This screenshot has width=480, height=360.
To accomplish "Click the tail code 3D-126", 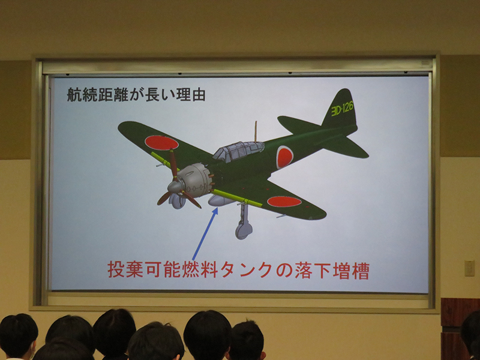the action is point(342,109).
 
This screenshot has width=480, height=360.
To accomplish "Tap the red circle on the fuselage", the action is point(284,157).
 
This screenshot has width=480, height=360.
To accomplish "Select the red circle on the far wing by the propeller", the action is point(161,143).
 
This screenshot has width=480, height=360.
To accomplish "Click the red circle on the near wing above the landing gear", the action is point(284,202).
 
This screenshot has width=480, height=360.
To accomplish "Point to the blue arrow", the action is point(205,233).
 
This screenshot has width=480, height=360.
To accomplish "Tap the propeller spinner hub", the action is point(175,187).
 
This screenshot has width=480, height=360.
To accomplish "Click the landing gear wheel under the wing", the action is point(244,229).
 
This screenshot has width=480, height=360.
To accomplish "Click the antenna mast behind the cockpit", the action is point(256,131).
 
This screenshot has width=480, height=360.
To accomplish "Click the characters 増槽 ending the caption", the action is point(351,270).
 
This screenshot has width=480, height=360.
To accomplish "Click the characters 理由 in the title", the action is point(190,94).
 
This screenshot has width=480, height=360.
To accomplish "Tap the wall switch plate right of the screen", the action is point(469,268).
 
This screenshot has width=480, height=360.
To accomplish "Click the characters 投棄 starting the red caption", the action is point(126,269).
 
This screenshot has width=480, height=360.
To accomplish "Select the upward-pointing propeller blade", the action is point(173,164).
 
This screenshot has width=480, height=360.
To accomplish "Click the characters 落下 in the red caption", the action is point(313,270).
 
